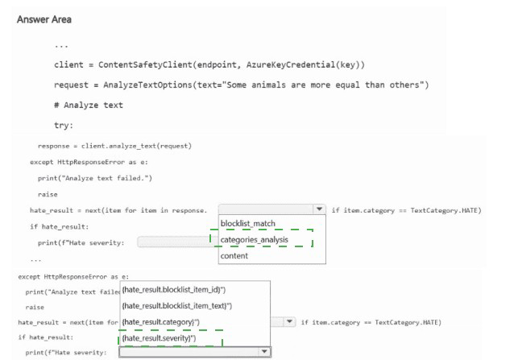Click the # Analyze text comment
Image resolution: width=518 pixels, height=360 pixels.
click(89, 106)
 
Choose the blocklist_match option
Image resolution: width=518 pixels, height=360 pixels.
click(248, 223)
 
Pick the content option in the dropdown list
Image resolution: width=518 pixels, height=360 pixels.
click(234, 255)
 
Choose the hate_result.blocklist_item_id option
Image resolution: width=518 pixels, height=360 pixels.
click(173, 289)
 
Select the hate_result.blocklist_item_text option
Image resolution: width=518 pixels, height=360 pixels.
click(176, 305)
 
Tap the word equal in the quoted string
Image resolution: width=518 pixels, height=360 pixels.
click(349, 85)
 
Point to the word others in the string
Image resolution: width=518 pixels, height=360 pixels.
click(406, 85)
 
